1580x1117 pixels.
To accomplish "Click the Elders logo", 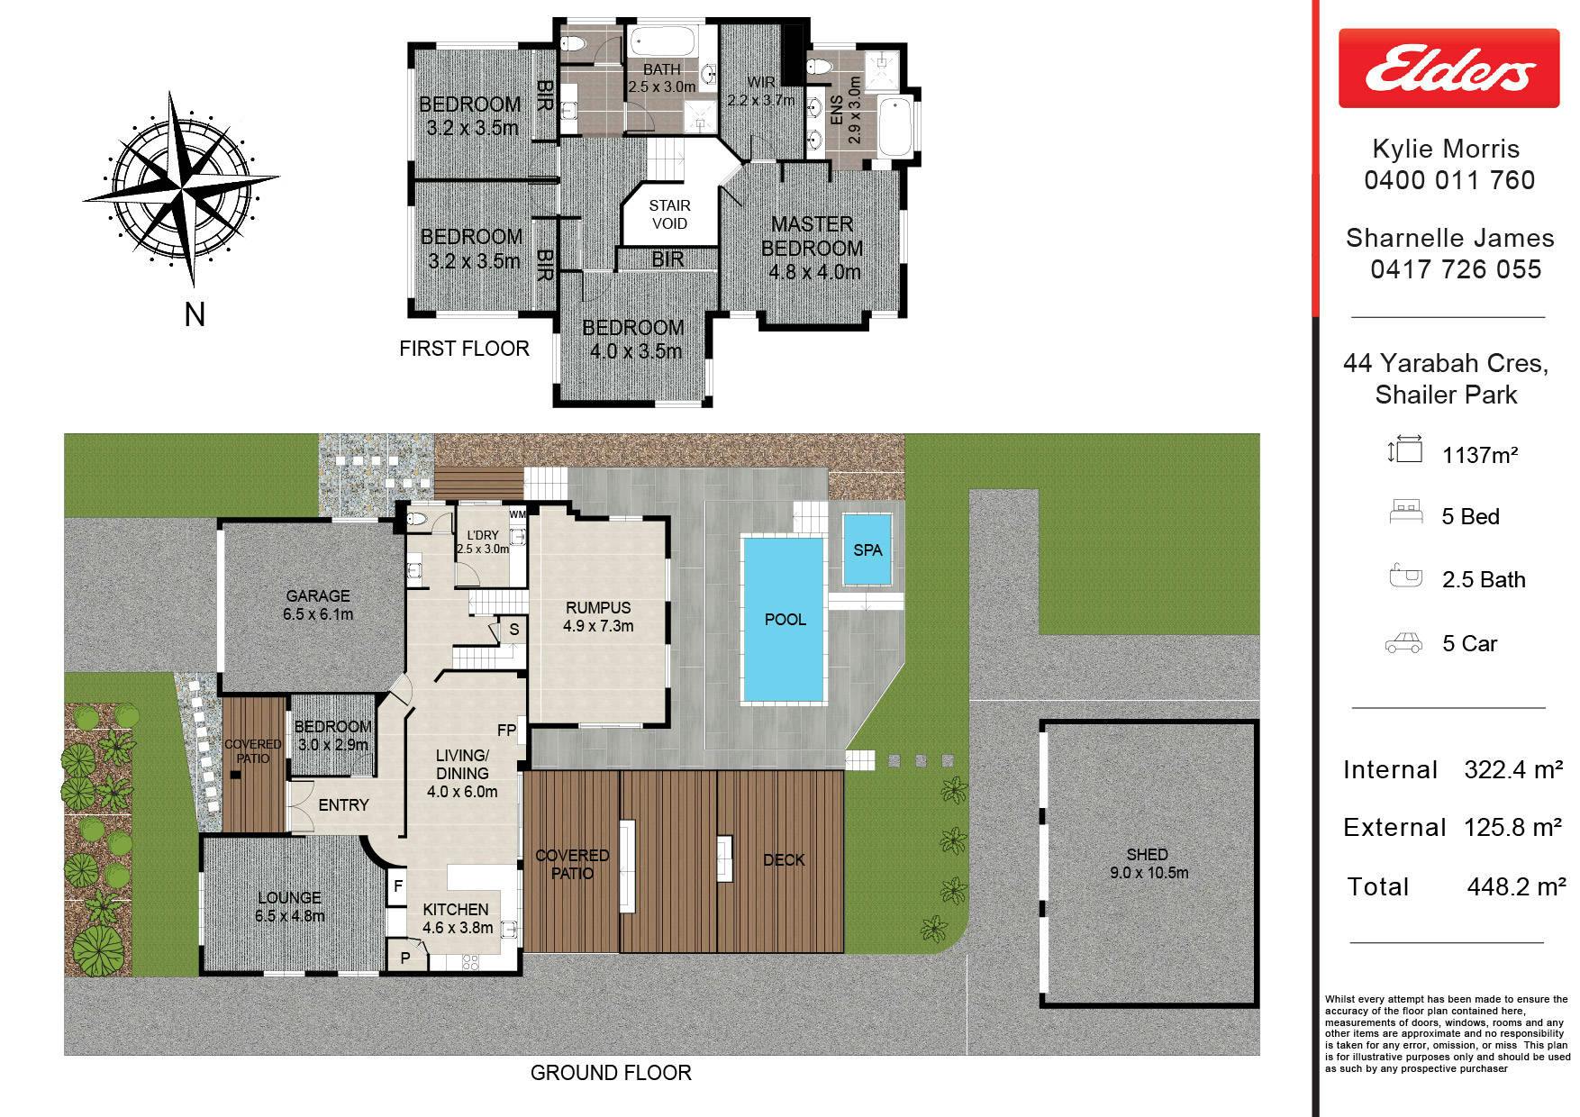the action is pos(1448,68).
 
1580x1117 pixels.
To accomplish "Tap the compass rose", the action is pos(181,188).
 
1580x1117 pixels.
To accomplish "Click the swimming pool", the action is pos(784,620).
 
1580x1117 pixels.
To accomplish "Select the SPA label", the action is pos(867,549).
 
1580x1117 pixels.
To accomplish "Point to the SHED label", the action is pos(1147,854).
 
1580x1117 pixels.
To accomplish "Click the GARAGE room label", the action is pos(317,595).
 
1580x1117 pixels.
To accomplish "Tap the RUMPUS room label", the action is pos(598,608).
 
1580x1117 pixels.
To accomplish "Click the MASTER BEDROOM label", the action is pos(812,236).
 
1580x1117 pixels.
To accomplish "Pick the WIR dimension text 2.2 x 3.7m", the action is pos(761,100).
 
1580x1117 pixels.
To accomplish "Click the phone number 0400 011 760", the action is pos(1449,180).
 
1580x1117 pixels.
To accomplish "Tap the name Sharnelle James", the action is pos(1450,238).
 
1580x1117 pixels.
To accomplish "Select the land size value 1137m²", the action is pos(1480,455).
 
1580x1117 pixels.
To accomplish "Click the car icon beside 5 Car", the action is pos(1403,643).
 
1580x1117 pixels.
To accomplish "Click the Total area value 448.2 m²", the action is pos(1516,886).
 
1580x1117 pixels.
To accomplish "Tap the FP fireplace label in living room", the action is pos(506,730).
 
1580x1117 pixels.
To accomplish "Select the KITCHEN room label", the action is pos(456,910).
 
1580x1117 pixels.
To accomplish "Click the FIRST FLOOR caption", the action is pos(464,349).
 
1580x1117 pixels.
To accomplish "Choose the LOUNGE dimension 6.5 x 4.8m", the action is pos(289,916).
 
